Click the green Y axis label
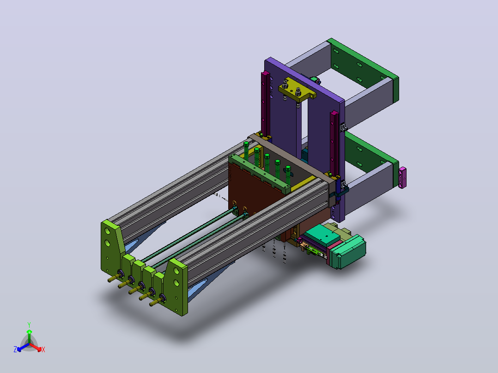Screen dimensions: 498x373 click(x=29, y=325)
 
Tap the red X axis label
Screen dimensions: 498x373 click(x=43, y=349)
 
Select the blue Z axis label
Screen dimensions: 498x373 click(x=15, y=349)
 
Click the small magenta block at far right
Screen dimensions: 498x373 click(x=402, y=178)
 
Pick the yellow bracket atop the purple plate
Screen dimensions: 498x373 click(x=297, y=90)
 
